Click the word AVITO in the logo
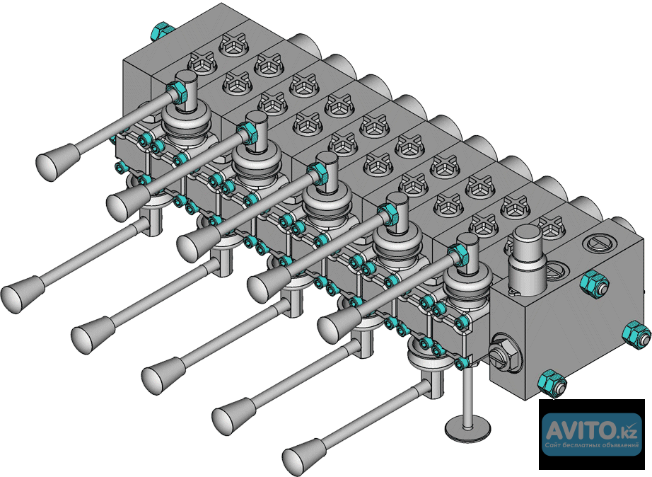578,430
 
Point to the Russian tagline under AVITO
592,445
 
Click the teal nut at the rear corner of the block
162,30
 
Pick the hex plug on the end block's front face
504,353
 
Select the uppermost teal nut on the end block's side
594,284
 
